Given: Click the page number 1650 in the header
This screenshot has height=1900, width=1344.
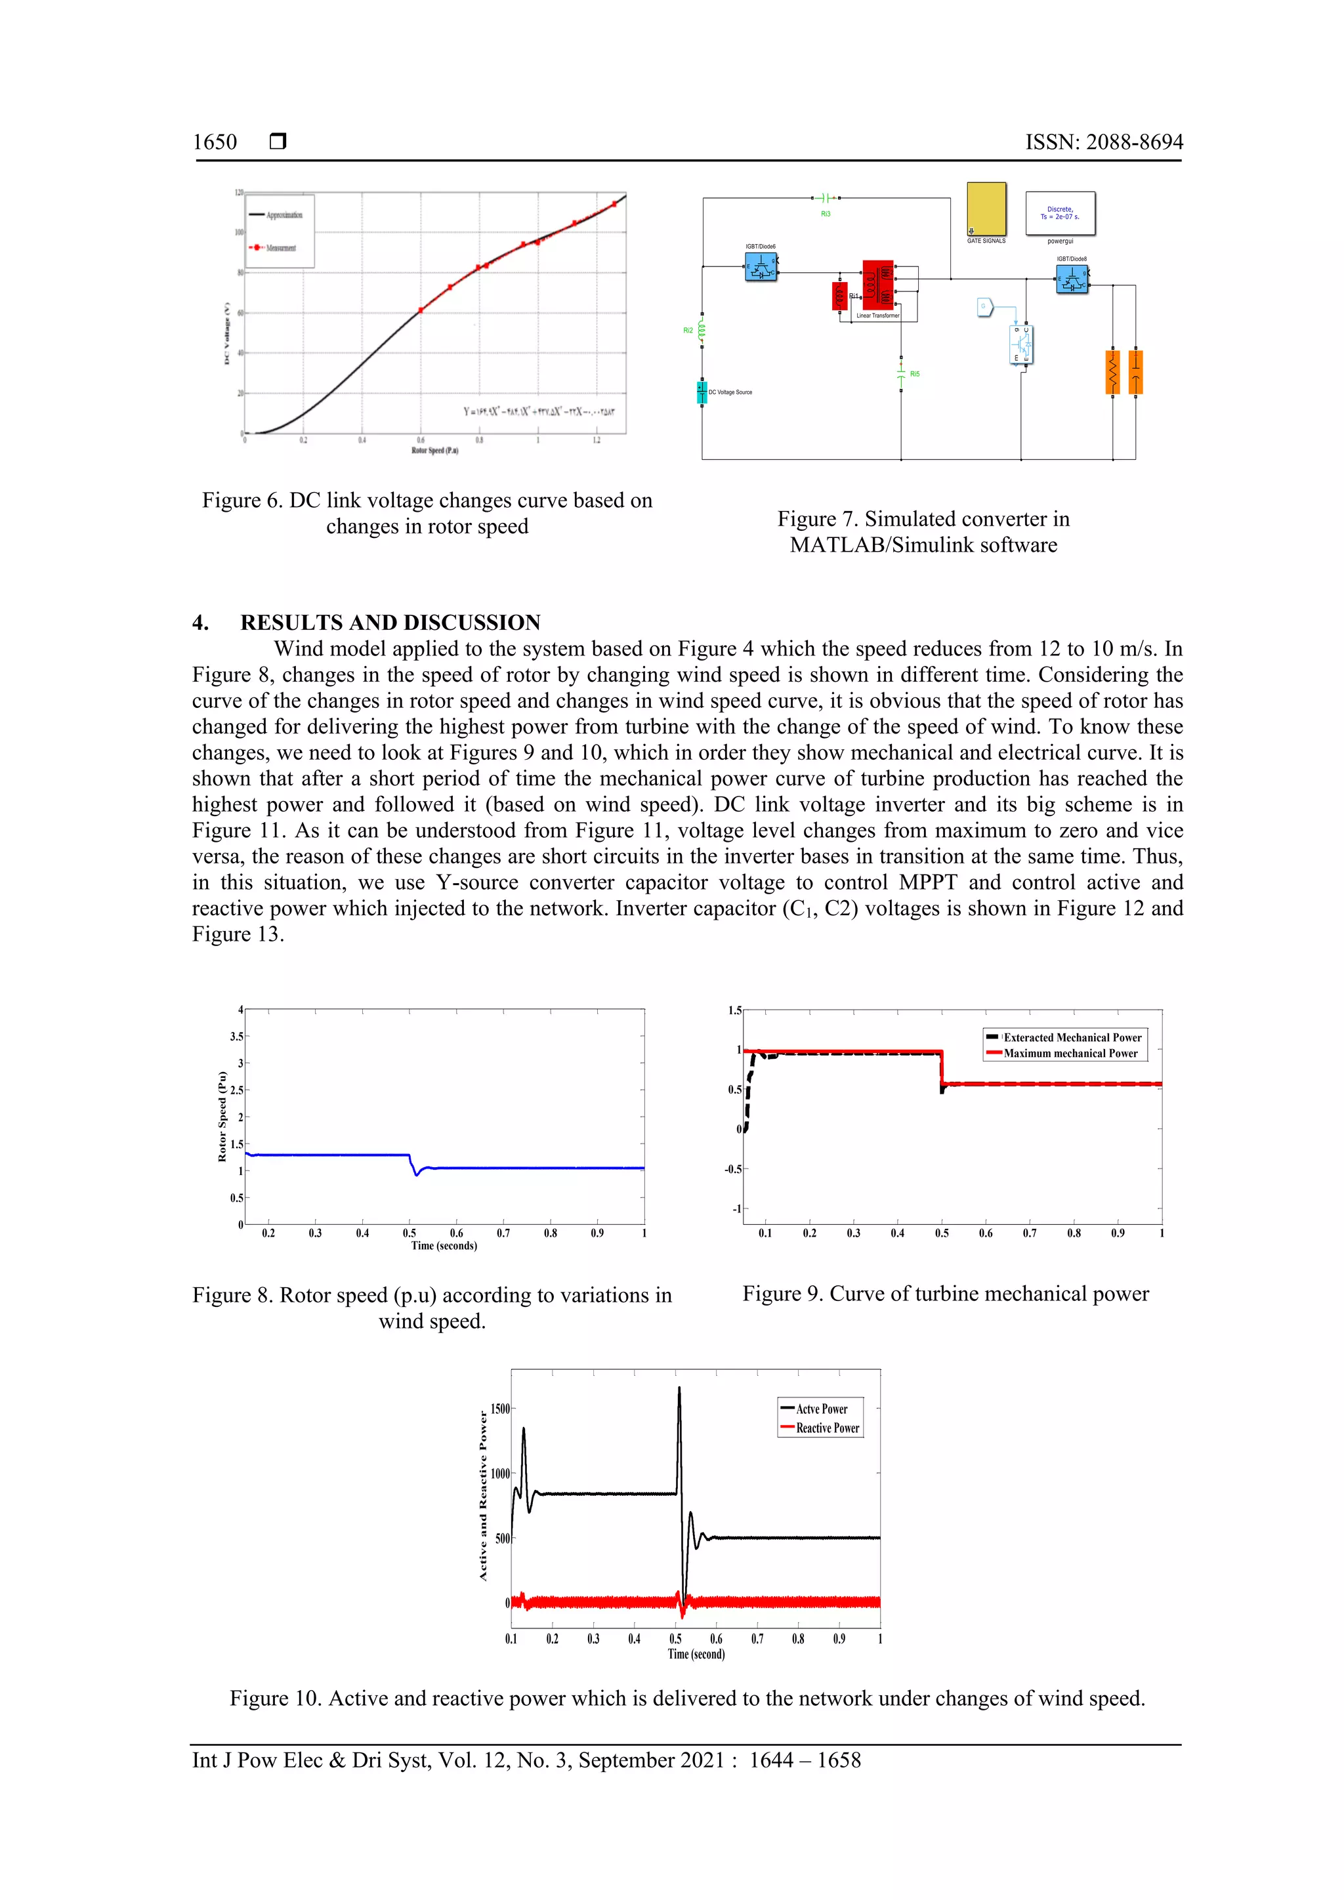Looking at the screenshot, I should pos(215,142).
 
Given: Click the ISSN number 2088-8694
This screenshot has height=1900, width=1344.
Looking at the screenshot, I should pos(1104,142).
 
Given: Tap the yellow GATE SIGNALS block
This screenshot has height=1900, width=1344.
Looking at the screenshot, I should pos(986,209).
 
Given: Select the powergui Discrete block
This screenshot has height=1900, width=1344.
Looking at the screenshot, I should pos(1059,213).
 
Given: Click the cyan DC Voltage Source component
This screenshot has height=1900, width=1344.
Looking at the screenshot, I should pos(702,392).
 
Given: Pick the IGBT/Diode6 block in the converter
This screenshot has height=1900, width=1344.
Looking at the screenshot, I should pos(761,266).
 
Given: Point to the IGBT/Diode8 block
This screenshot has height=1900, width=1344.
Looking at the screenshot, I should pos(1072,279).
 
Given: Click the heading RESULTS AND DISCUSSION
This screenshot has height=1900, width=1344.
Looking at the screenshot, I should pos(390,623).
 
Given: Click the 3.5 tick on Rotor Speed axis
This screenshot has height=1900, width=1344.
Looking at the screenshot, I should pos(237,1036).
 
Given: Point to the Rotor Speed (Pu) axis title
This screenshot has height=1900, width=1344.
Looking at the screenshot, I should pos(222,1117).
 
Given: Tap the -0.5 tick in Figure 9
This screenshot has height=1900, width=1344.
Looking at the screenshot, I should pos(732,1169).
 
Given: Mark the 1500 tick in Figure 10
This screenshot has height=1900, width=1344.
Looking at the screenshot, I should pos(500,1409).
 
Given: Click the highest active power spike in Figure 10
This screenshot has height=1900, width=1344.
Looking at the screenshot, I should pos(679,1390).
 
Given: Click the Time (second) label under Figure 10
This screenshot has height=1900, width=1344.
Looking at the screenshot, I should pos(696,1653).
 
